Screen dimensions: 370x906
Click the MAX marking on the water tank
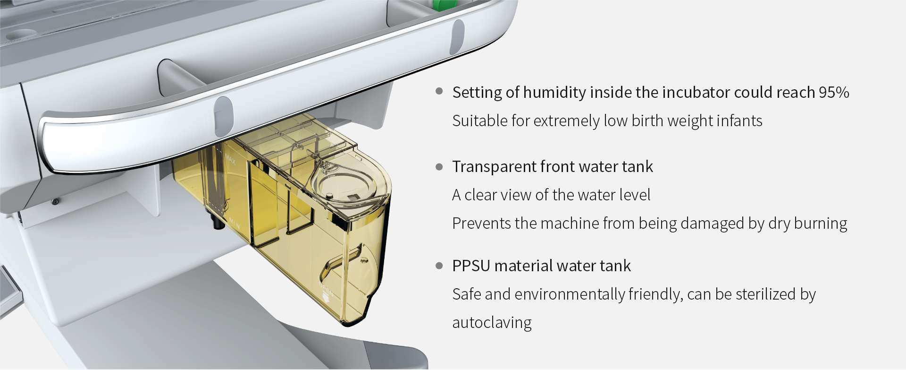point(230,160)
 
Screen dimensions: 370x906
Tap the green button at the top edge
point(442,5)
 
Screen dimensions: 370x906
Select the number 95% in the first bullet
point(834,92)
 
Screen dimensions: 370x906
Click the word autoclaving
point(492,323)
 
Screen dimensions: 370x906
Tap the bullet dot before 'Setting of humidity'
point(439,91)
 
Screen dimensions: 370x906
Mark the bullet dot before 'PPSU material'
point(439,266)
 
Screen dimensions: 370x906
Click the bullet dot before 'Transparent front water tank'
point(439,166)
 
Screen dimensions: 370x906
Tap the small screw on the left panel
point(55,202)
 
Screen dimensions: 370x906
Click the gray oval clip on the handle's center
point(223,116)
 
